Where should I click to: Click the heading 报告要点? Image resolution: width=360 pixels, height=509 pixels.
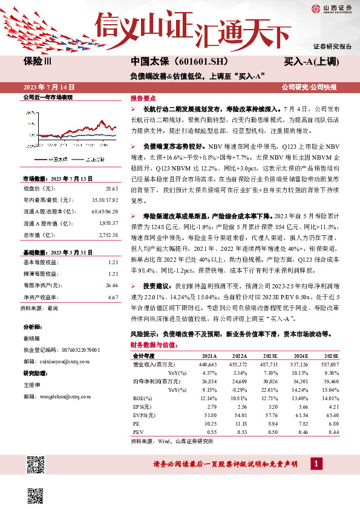click(x=143, y=98)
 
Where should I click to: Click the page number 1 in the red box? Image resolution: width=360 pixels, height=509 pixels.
click(x=316, y=464)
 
